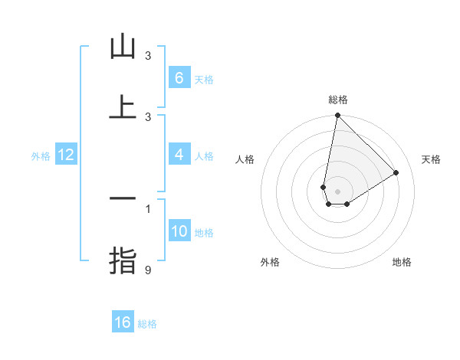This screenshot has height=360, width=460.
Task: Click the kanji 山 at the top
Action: coord(123,47)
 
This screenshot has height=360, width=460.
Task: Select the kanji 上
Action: coord(123,107)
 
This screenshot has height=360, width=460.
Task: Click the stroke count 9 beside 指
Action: coord(148,269)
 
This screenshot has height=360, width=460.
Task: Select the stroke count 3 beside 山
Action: coord(148,56)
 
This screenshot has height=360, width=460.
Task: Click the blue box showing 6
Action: coord(179,78)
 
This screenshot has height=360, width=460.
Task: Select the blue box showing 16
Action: coord(123,322)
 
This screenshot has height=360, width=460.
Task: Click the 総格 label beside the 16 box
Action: coord(147,324)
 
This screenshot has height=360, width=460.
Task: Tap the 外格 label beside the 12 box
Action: coord(41,156)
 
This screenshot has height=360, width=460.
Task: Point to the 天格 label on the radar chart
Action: coord(431,159)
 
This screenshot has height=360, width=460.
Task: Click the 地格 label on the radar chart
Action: coord(402,262)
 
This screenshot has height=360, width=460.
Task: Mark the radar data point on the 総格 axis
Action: coord(337,116)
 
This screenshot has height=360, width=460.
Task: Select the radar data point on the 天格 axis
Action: coord(396,172)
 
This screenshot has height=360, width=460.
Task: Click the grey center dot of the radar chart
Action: coord(337,191)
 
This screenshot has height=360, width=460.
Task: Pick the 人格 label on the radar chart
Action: coord(245,159)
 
